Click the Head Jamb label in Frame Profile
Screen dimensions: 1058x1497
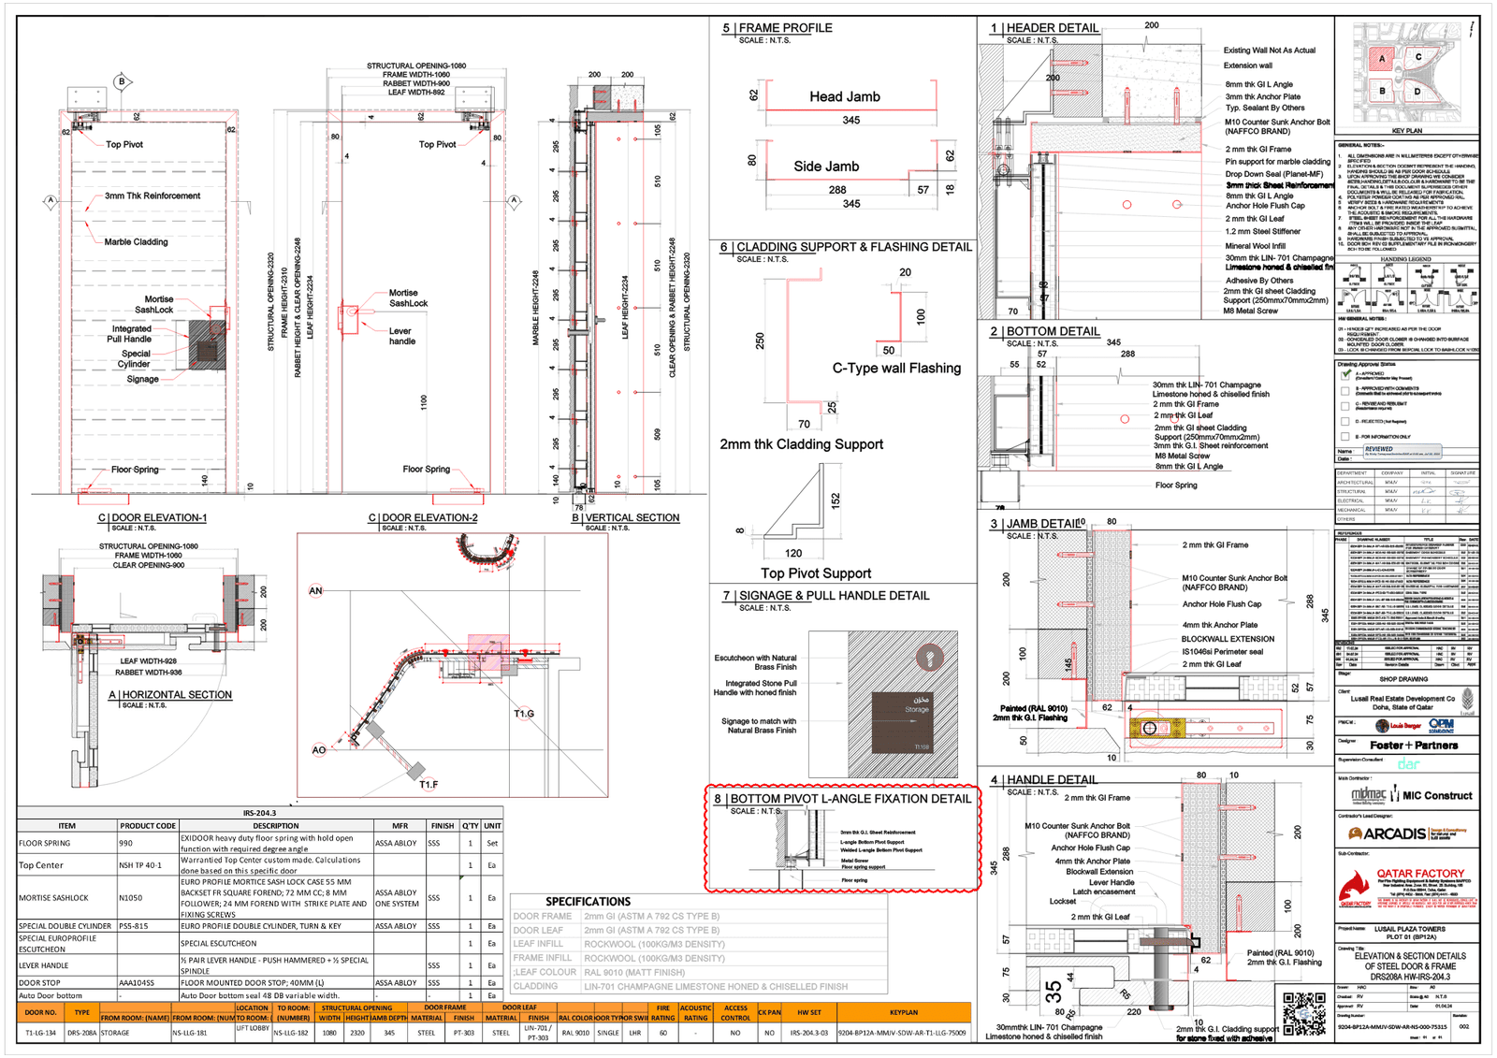[x=844, y=96]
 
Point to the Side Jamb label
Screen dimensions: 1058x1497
[x=826, y=167]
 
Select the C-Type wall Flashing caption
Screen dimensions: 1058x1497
[x=896, y=369]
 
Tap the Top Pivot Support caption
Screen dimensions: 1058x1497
[x=815, y=573]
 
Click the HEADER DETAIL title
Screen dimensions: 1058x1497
[x=1053, y=28]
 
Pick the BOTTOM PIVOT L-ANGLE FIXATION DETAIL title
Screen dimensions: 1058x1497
[x=850, y=799]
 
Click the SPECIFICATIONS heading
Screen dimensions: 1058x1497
[x=588, y=902]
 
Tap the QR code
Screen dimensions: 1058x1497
[x=1304, y=1014]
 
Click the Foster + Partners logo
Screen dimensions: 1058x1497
[x=1414, y=746]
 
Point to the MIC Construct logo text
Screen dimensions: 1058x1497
[x=1437, y=796]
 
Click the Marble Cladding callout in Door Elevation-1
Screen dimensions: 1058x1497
[x=136, y=242]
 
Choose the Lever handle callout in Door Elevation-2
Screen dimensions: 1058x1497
[x=401, y=336]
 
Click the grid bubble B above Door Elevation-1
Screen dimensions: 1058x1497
[x=122, y=81]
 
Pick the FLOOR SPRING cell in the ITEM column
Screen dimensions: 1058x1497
[x=44, y=843]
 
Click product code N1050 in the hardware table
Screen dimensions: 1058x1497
[x=130, y=898]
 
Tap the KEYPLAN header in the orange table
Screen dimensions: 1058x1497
[x=903, y=1012]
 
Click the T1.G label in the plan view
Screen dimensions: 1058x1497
[x=524, y=714]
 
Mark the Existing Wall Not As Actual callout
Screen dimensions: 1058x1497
[x=1269, y=51]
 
